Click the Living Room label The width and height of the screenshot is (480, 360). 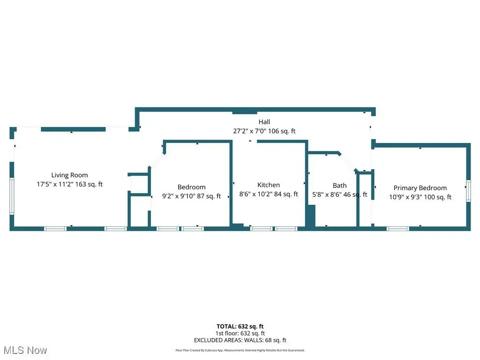coord(69,175)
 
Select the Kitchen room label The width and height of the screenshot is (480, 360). coord(269,185)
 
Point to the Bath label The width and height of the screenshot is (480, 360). coord(339,186)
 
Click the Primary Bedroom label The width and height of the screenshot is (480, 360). coord(420,188)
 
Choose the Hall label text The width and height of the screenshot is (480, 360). coord(264,122)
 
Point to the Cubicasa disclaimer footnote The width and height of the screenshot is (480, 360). coord(240,350)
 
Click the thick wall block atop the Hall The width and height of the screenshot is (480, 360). coord(245,112)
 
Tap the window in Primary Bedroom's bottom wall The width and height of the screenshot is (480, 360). coord(397,228)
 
